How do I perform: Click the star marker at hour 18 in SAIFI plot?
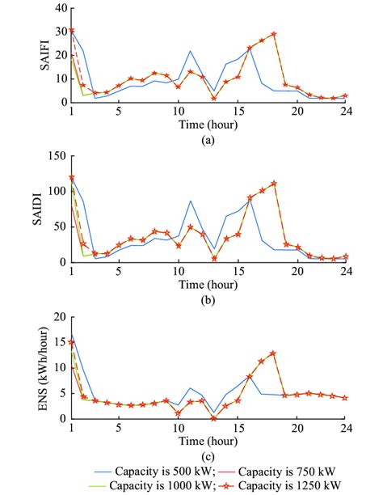point(274,34)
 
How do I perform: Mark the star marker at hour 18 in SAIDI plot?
point(274,183)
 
